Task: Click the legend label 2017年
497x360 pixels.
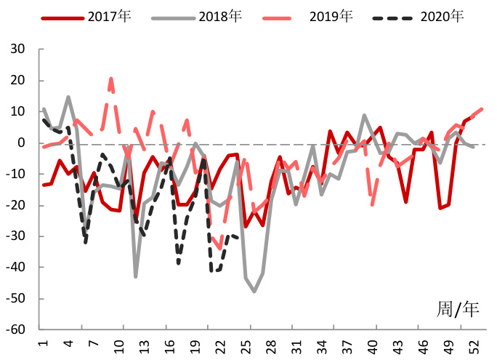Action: click(x=109, y=16)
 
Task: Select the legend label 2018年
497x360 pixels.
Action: click(x=221, y=16)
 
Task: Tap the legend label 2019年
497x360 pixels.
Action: click(x=333, y=16)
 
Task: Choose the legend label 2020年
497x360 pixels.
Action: click(x=441, y=16)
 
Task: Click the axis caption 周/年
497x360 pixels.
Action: click(x=458, y=309)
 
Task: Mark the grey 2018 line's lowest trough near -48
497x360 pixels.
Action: click(x=254, y=292)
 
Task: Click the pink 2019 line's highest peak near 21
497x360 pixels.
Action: click(x=111, y=78)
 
